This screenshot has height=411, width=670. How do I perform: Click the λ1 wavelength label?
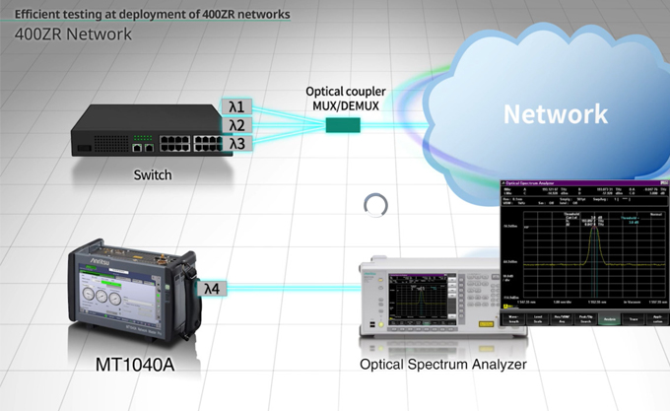click(236, 106)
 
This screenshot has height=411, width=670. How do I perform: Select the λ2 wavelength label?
click(236, 125)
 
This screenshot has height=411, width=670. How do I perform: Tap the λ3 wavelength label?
click(236, 144)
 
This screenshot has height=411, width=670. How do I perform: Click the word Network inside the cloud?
click(556, 113)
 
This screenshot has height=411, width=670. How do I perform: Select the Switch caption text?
click(152, 175)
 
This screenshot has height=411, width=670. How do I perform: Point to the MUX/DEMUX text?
click(345, 105)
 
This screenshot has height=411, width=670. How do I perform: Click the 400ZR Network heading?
click(73, 34)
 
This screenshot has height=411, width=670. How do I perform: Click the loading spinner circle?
click(375, 205)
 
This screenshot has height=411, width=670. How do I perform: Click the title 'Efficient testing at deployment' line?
click(148, 14)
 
